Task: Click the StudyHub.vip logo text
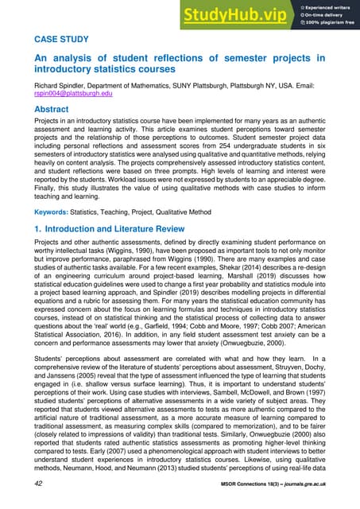238,14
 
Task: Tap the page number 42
38,483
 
